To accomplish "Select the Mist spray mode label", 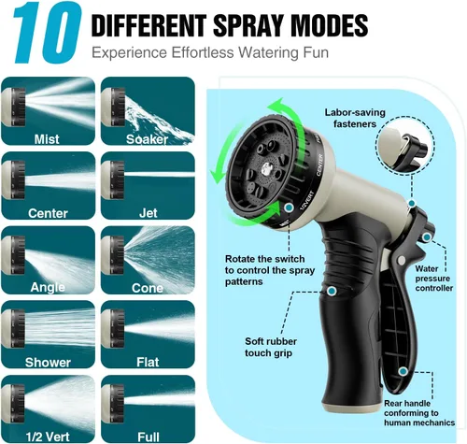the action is pos(47,139).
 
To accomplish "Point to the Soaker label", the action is pos(147,139).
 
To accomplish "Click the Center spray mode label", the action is pos(48,213).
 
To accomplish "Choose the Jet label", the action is pos(149,213).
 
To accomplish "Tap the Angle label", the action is pos(48,288).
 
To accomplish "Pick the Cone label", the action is pos(148,288).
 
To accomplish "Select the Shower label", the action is pos(48,363).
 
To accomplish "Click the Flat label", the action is pos(148,363).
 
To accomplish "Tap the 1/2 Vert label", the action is pos(48,437).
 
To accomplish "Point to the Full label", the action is pos(149,437).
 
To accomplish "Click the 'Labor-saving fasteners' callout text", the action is pos(355,118).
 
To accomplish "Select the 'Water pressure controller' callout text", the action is pos(433,279).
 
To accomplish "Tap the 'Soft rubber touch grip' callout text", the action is pos(270,347).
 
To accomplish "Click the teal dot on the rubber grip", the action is pos(332,291).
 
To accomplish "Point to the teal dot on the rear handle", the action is pos(403,371).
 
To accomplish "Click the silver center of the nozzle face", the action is pos(266,170).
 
